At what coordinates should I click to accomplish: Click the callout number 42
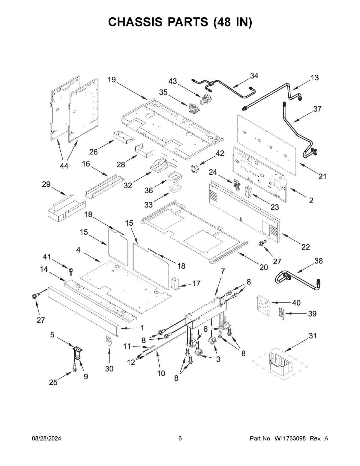coord(220,153)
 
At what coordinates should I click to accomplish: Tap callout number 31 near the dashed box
coord(313,336)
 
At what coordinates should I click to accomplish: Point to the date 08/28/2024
coord(46,438)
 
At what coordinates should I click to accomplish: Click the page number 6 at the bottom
coord(180,438)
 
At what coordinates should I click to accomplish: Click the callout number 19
coord(112,80)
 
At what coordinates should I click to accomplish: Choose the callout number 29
coord(46,184)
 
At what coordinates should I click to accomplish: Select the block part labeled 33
coord(175,188)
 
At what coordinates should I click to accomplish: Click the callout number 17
coord(196,283)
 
